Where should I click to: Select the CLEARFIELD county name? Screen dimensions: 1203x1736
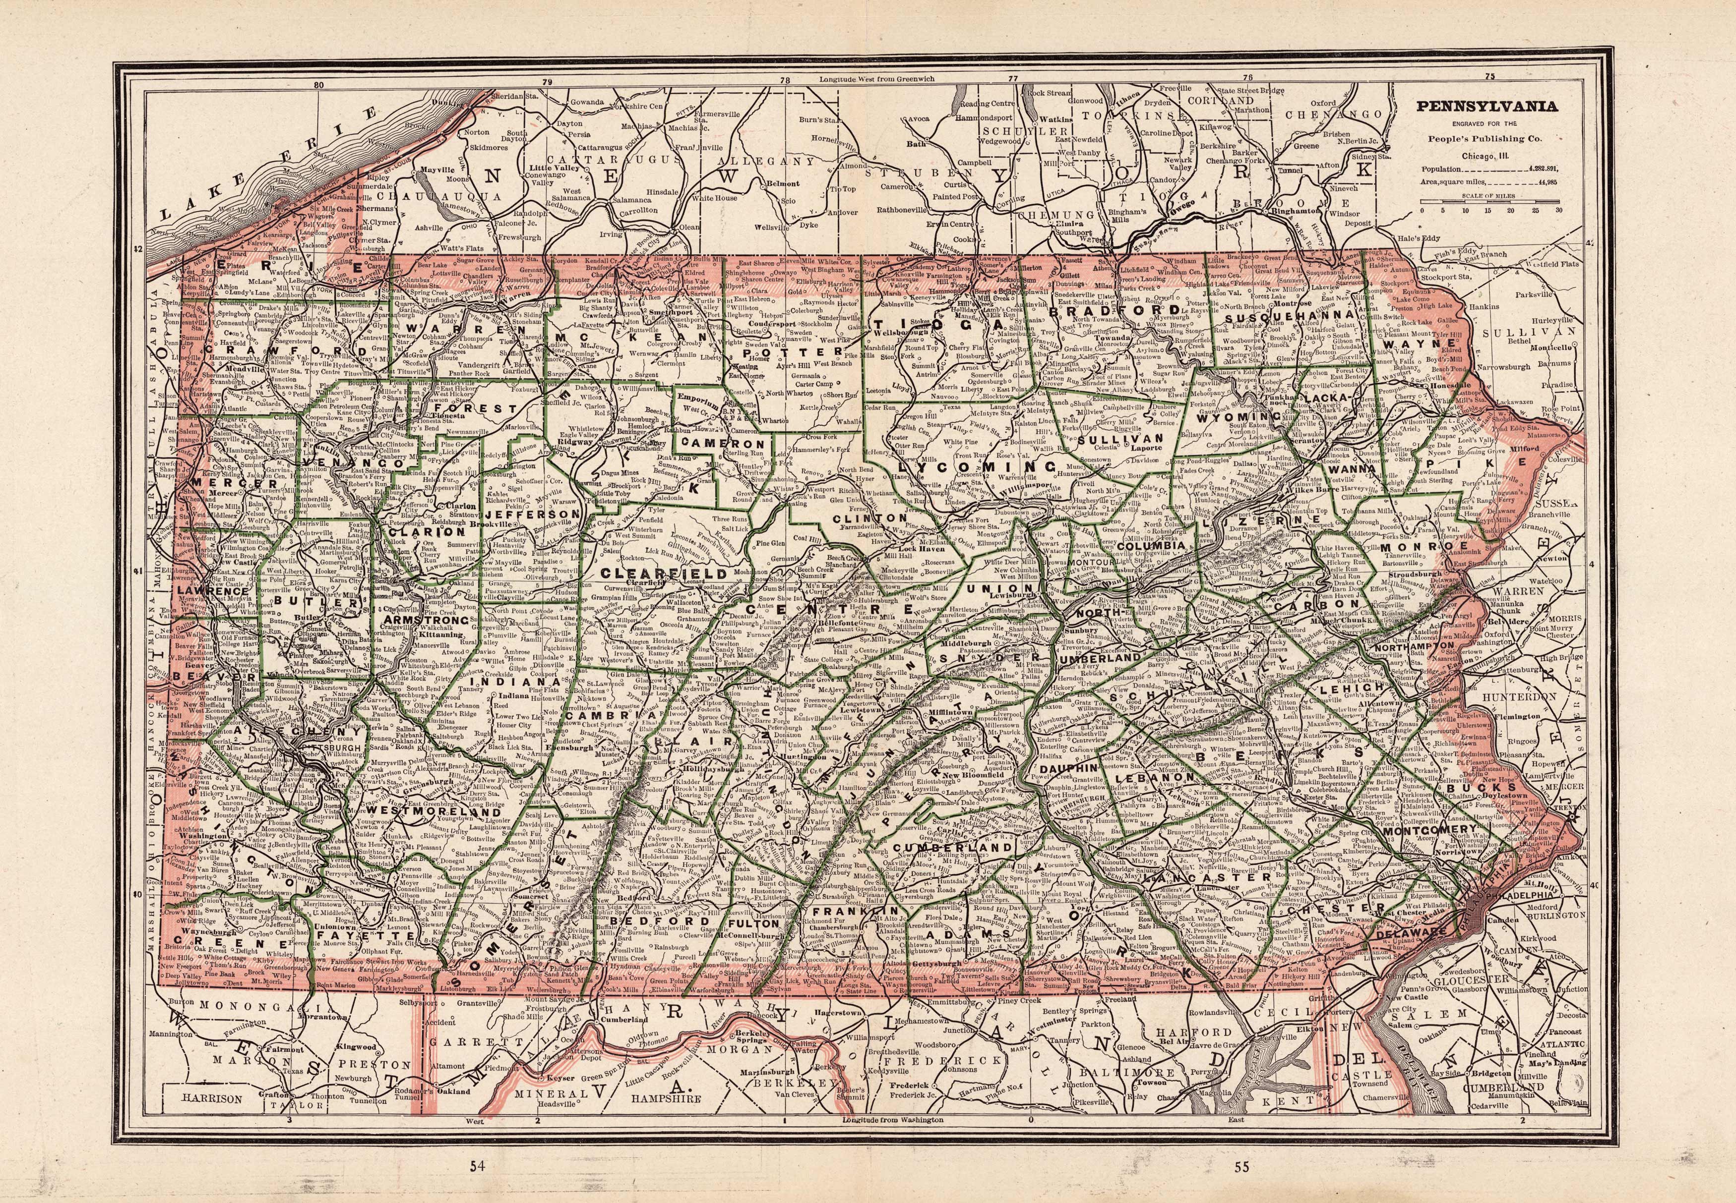[x=667, y=573]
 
